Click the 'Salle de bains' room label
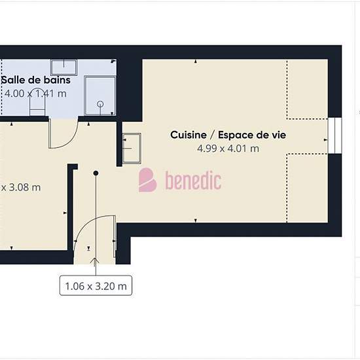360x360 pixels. [x=36, y=80]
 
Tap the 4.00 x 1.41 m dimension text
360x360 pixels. [x=35, y=94]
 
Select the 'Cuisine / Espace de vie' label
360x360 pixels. [x=228, y=135]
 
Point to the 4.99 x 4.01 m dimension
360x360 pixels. [x=228, y=149]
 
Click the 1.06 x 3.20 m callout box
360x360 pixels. [x=96, y=285]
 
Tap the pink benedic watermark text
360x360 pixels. [x=193, y=181]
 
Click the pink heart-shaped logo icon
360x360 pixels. [x=147, y=180]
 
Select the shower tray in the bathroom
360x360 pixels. [x=100, y=96]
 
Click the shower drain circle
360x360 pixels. [x=100, y=104]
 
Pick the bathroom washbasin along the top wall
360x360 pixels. [x=64, y=67]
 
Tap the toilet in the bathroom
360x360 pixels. [x=37, y=102]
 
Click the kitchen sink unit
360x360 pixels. [x=132, y=149]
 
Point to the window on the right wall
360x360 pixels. [x=334, y=135]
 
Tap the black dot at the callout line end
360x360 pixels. [x=96, y=173]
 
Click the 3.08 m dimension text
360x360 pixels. [x=21, y=187]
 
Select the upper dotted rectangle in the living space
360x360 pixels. [x=307, y=90]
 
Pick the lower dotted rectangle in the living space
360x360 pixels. [x=307, y=188]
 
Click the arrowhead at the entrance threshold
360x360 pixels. [x=94, y=261]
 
